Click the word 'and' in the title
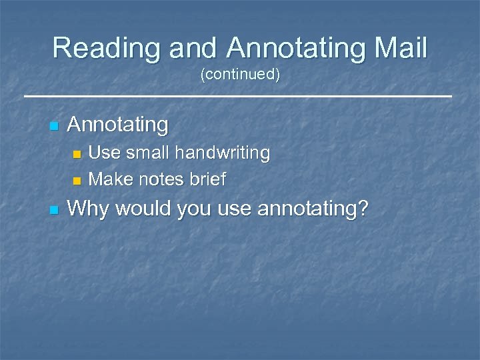[x=193, y=48]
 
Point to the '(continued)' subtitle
[x=240, y=75]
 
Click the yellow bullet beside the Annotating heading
[x=54, y=125]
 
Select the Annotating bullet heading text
[x=118, y=125]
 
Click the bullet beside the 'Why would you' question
[x=54, y=211]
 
